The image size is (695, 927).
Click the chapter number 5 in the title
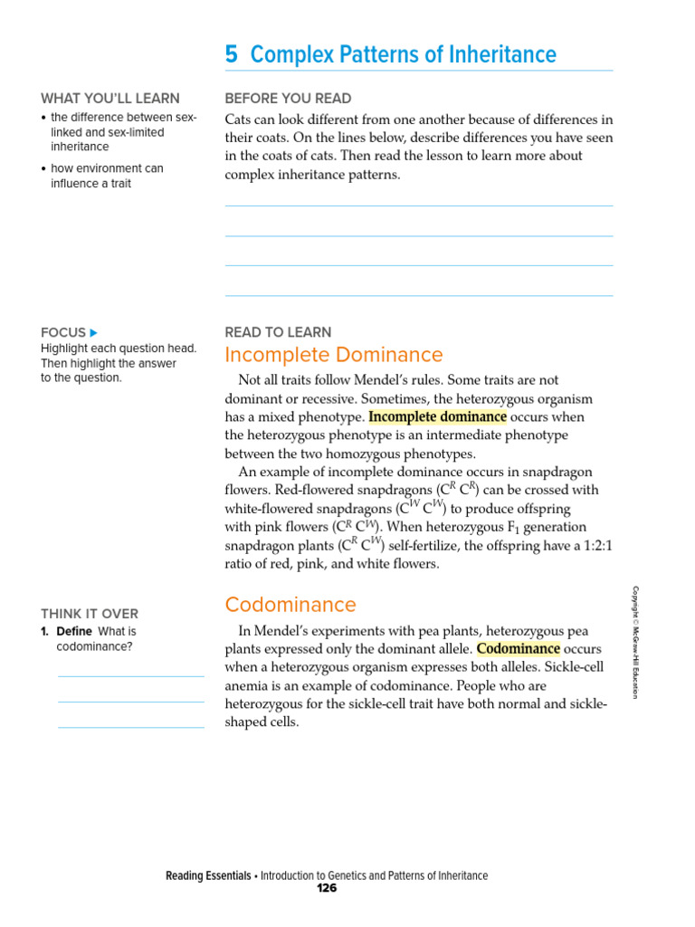232,55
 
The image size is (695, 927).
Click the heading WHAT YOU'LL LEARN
110,99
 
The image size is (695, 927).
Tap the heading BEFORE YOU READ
288,99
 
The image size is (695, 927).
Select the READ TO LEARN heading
278,332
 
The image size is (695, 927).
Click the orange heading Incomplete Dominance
333,355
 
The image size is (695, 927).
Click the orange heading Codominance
290,605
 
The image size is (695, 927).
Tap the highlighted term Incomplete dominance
437,417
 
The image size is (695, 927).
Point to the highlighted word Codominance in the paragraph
518,649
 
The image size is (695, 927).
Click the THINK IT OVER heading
90,614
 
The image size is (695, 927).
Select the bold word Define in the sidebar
74,632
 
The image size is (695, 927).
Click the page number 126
327,889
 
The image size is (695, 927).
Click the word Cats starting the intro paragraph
239,119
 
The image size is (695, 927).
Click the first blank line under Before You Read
418,205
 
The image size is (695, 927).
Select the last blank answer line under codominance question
131,727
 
